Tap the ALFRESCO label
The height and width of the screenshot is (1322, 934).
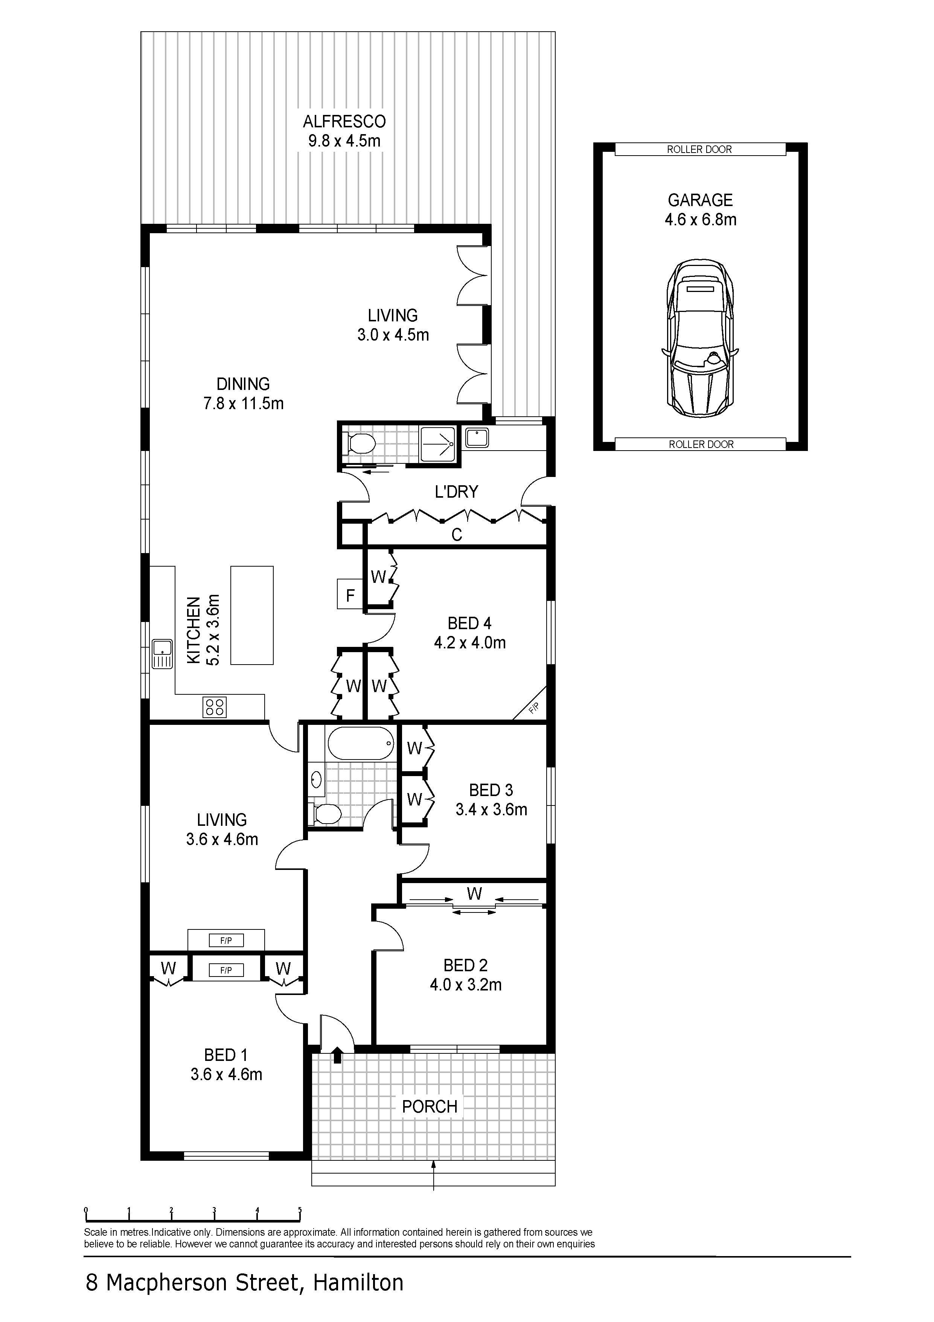344,121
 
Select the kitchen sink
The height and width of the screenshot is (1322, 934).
162,654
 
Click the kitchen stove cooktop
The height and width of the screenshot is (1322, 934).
215,707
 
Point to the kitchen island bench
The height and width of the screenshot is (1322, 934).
252,615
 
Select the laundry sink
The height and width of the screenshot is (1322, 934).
477,438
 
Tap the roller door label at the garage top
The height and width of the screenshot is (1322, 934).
699,149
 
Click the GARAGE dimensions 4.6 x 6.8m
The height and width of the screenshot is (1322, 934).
700,219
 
